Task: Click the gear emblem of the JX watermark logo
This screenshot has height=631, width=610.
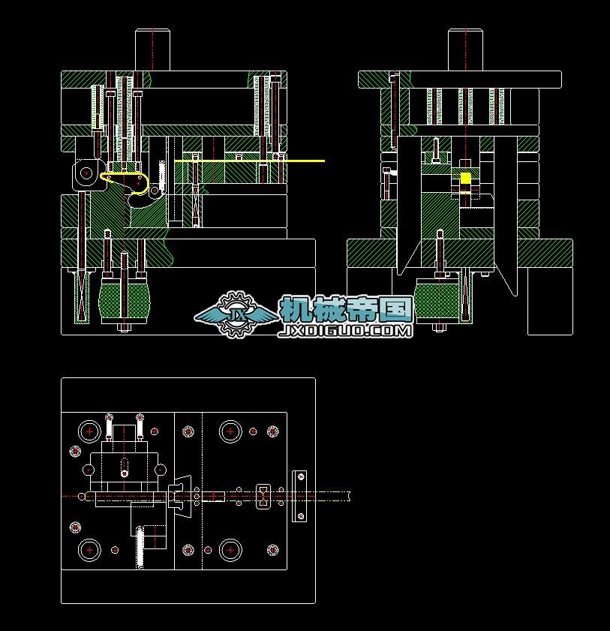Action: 236,314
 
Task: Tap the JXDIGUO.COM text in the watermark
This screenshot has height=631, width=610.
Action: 345,331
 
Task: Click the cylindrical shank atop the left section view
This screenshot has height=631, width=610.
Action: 152,50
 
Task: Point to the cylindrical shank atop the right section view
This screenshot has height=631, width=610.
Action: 465,50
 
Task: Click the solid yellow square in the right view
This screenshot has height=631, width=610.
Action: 465,178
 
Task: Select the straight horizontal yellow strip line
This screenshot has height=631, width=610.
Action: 249,161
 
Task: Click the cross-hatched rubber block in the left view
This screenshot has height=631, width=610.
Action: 124,300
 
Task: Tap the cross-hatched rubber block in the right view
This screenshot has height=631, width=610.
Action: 437,300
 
